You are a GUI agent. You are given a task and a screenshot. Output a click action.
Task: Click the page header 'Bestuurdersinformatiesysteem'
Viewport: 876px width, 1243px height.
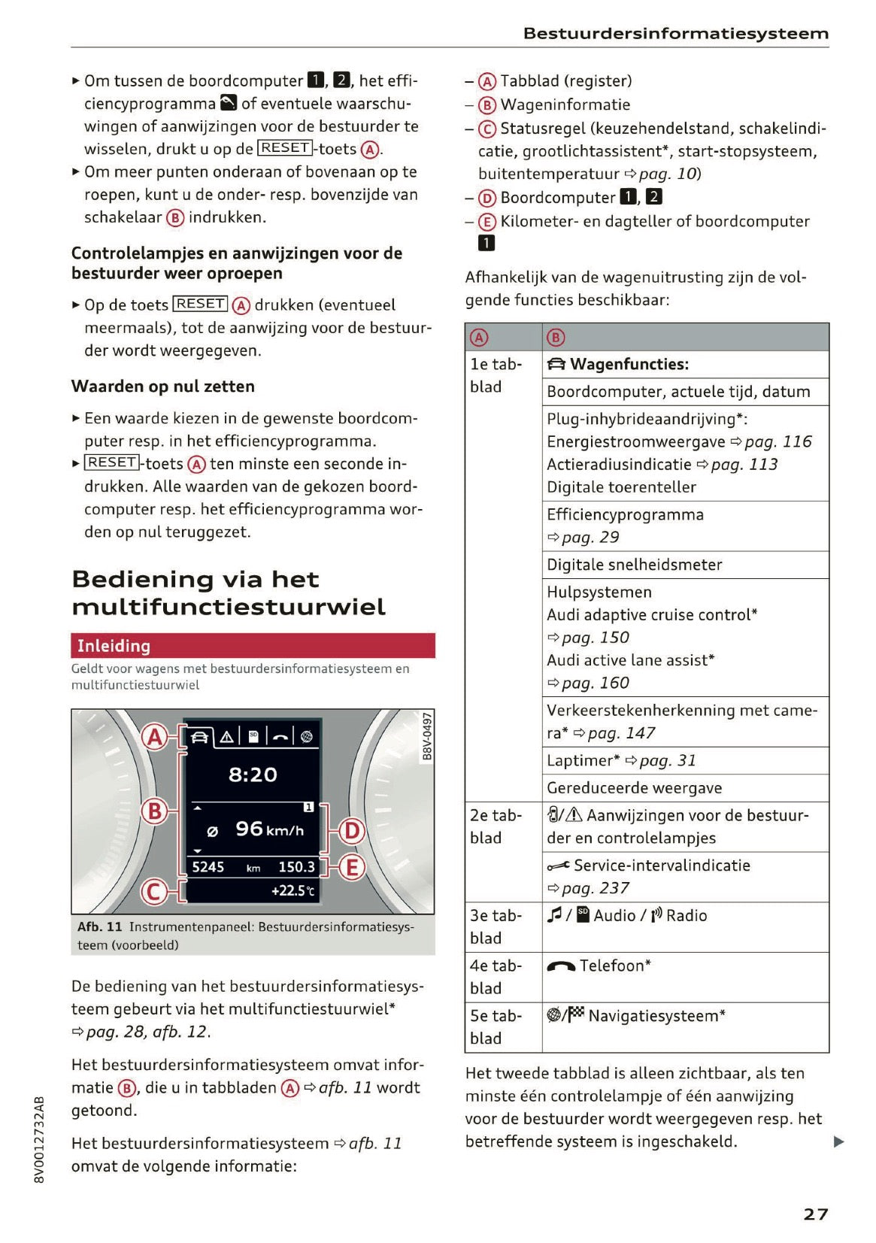coord(675,34)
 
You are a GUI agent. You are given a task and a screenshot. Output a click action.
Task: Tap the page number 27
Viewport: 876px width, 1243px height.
coord(815,1214)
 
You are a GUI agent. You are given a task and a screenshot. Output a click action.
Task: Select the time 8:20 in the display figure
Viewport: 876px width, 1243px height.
coord(253,775)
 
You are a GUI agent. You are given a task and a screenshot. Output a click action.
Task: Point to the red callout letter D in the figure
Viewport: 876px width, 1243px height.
coord(351,832)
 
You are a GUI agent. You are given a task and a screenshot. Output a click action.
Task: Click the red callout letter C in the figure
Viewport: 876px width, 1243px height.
coord(154,892)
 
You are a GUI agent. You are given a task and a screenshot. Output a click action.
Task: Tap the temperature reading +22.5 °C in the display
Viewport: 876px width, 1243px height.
coord(293,891)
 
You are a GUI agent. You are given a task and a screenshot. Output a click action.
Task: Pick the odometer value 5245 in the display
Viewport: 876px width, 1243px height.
coord(208,867)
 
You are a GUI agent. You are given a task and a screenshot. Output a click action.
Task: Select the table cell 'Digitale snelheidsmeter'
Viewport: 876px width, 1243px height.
coord(634,565)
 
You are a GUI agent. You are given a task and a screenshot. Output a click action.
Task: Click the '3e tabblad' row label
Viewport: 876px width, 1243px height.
coord(496,926)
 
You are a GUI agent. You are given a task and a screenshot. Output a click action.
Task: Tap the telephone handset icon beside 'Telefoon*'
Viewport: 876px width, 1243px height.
coord(561,966)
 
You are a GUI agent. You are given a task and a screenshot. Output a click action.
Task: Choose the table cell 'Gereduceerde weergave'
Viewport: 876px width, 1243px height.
coord(634,788)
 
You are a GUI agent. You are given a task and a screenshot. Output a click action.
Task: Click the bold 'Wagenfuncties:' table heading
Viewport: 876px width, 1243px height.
coord(629,365)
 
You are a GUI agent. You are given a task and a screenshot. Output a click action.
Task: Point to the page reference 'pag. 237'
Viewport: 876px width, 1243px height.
coord(595,888)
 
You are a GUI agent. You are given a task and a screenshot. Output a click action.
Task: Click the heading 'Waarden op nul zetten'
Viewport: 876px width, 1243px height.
coord(163,387)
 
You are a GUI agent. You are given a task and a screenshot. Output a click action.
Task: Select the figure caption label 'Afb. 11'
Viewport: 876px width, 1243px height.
coord(99,926)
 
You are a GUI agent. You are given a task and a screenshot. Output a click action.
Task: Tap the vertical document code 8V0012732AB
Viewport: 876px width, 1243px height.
coord(40,1139)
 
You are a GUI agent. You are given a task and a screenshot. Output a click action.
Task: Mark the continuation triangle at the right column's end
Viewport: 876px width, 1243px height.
coord(838,1142)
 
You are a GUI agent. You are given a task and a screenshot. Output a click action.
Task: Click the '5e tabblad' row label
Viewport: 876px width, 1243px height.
coord(496,1026)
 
